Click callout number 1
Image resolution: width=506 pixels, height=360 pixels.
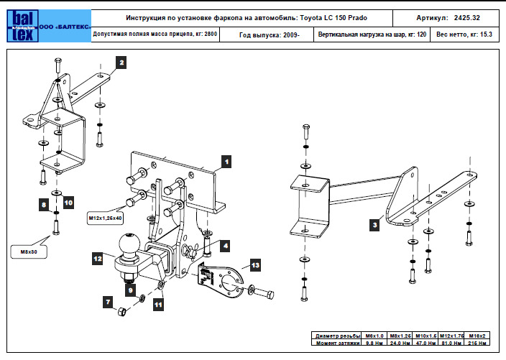pyautogui.click(x=226, y=162)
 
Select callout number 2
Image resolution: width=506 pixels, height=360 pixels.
pyautogui.click(x=122, y=63)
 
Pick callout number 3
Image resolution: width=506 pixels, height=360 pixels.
pyautogui.click(x=374, y=225)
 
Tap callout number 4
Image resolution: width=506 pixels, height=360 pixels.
pyautogui.click(x=226, y=246)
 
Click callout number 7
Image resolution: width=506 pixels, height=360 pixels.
pyautogui.click(x=109, y=303)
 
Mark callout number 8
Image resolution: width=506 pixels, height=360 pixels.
pyautogui.click(x=45, y=206)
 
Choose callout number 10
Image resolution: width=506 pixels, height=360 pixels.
pyautogui.click(x=69, y=203)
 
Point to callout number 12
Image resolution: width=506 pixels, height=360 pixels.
pyautogui.click(x=96, y=255)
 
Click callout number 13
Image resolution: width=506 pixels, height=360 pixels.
pyautogui.click(x=255, y=265)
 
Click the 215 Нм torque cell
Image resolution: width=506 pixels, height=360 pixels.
pyautogui.click(x=478, y=343)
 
